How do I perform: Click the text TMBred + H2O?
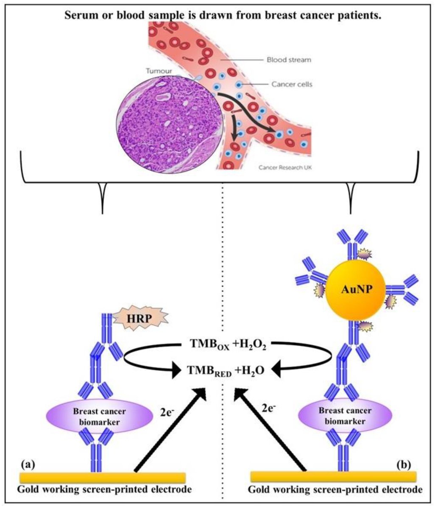pyautogui.click(x=226, y=370)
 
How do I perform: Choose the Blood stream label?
pyautogui.click(x=288, y=60)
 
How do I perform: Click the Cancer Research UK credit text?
pyautogui.click(x=284, y=168)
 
